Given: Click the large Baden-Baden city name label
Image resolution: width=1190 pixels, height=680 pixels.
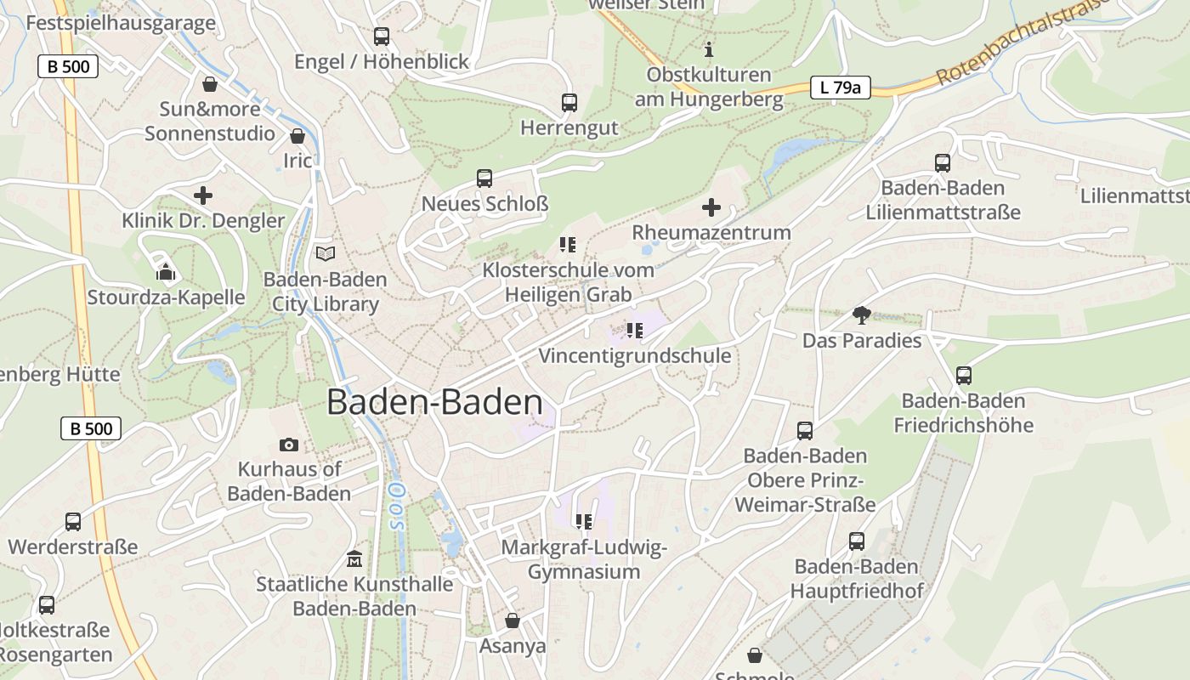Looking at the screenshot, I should (x=434, y=402).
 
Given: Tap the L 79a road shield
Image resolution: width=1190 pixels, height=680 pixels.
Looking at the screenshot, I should (x=840, y=87).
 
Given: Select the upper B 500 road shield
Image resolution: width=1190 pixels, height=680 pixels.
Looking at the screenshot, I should (x=68, y=66).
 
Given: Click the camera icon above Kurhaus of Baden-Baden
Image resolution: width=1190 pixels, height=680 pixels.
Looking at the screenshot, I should (x=289, y=445).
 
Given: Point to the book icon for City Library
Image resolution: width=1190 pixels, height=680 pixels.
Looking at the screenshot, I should (x=326, y=253).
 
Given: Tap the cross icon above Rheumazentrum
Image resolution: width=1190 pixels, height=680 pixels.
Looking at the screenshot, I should (x=711, y=207).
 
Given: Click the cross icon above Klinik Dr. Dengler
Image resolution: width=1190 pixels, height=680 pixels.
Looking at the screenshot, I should (x=203, y=195).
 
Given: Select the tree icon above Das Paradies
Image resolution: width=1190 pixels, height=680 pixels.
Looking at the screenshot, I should (x=862, y=315).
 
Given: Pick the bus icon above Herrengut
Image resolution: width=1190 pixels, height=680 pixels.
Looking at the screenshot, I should (x=569, y=103).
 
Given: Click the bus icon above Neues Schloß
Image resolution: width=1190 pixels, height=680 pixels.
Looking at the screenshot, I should (x=484, y=178).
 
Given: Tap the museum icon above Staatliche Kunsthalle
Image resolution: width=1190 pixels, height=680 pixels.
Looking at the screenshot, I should (x=354, y=559).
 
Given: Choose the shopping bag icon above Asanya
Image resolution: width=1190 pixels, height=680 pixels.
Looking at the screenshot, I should (x=513, y=620).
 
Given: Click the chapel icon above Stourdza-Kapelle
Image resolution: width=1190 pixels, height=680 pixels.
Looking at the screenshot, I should (x=166, y=272).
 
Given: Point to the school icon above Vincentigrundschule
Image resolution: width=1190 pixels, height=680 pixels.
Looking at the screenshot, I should (x=634, y=330).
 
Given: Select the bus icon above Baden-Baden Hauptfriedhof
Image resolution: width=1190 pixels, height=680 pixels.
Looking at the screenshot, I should (x=857, y=541).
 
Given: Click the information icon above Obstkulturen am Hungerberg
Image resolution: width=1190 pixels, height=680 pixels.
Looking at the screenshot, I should (x=709, y=49).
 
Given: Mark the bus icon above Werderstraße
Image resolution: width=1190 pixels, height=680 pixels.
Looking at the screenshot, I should (x=73, y=521).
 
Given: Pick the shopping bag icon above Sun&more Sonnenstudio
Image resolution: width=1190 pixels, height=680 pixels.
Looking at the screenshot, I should (x=210, y=84).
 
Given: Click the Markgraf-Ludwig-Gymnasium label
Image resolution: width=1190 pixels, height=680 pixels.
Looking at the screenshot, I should (x=584, y=559).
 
